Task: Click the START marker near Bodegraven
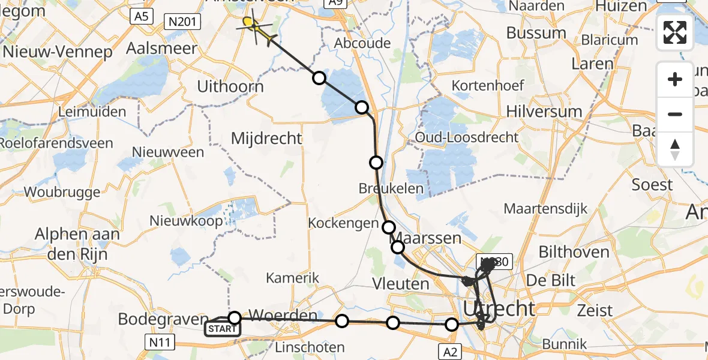coord(222,328)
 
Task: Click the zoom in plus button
coord(675,79)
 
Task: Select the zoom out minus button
coord(675,114)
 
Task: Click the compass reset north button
coord(675,149)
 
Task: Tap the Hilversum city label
coord(544,112)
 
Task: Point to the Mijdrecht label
coord(266,139)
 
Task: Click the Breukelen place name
coord(391,188)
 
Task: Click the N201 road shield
coord(183,22)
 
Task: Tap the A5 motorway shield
coord(141,17)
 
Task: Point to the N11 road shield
coord(160,342)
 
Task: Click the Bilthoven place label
coord(574,252)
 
